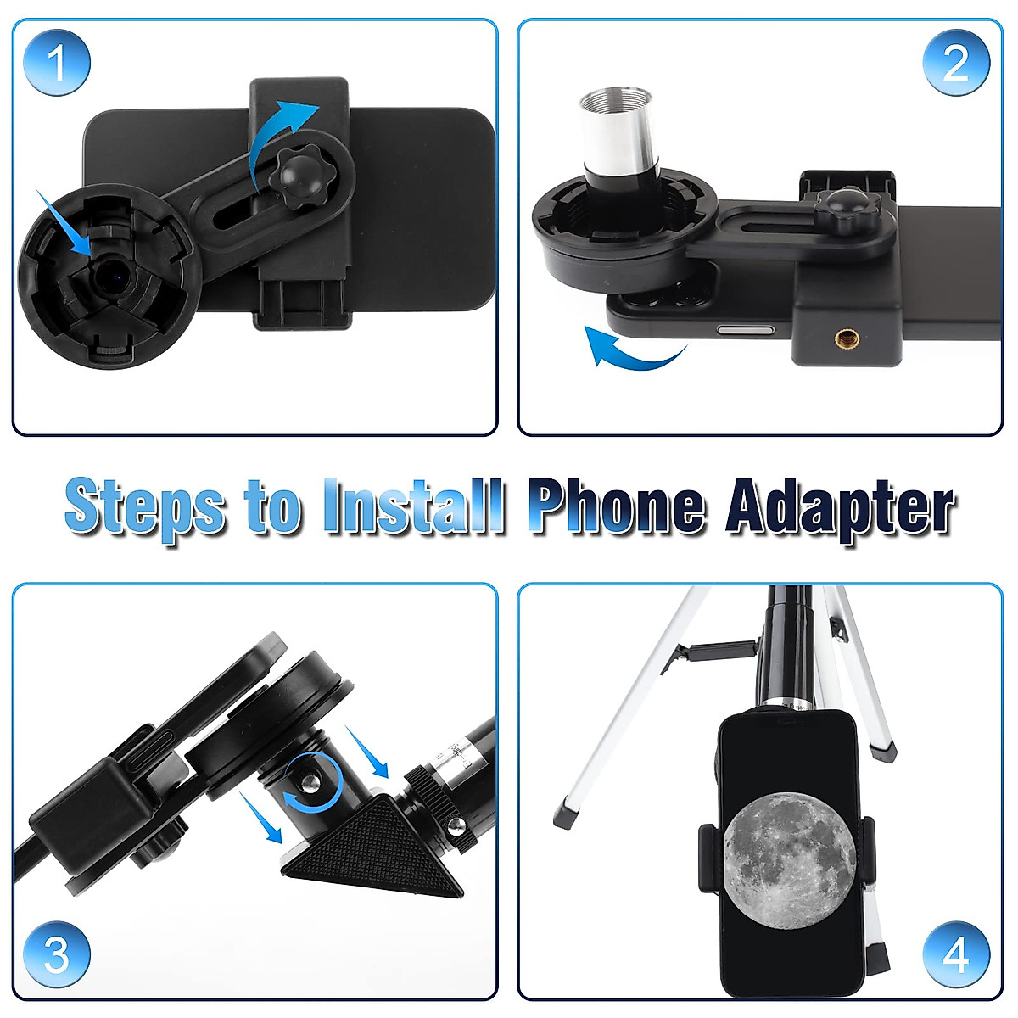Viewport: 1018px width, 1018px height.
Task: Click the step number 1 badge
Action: [x=56, y=61]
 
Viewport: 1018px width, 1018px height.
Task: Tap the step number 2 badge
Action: [x=955, y=61]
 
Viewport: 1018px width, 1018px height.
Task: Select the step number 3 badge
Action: [x=56, y=955]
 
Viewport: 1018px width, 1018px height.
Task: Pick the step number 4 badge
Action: [x=955, y=955]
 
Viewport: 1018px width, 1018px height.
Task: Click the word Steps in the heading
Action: [x=144, y=508]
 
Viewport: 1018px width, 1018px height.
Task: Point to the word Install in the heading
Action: [x=414, y=508]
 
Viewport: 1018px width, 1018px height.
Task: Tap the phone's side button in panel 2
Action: [x=746, y=328]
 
